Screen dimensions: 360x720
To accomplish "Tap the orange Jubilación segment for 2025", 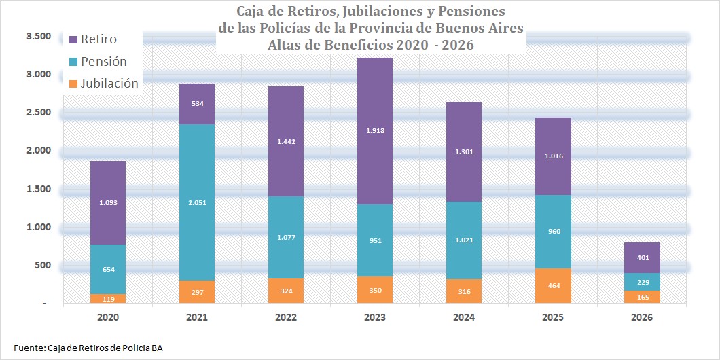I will coord(553,286).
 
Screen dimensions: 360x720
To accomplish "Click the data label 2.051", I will coord(197,202).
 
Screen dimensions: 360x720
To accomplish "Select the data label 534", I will coord(197,105).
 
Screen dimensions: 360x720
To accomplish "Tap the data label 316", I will coord(464,292).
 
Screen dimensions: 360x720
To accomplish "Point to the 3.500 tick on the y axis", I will coord(39,35).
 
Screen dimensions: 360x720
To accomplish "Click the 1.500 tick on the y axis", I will coord(39,188).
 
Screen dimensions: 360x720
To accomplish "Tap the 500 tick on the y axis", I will coord(43,265).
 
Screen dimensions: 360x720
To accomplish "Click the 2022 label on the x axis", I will coord(286,317).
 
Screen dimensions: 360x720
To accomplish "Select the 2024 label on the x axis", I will coord(464,317).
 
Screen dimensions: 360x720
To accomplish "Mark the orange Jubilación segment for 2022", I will coord(286,291).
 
